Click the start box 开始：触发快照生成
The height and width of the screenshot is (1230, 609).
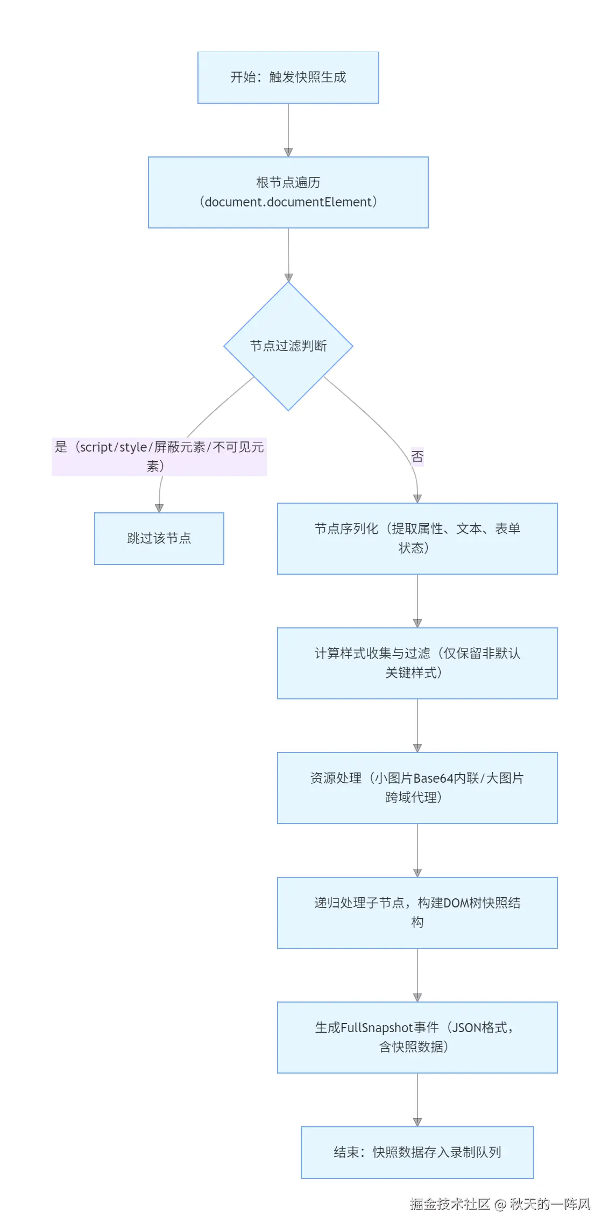288,77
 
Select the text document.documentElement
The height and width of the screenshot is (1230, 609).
288,202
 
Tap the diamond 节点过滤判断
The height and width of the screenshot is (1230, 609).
288,346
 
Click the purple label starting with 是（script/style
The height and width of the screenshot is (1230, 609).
159,456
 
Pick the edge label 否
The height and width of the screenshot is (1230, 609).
417,457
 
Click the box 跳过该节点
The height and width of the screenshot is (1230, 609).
159,538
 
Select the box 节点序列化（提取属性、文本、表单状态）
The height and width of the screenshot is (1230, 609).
417,538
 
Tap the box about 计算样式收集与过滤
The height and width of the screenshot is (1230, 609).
417,663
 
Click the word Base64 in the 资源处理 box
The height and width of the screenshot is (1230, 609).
434,778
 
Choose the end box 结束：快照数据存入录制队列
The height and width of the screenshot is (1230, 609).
417,1152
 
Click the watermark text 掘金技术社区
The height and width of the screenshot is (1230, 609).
450,1204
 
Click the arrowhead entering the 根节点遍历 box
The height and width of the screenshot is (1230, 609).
288,153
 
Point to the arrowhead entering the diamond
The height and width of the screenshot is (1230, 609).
288,277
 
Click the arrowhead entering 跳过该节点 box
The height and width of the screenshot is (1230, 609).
159,509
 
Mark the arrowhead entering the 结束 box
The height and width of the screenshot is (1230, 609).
417,1122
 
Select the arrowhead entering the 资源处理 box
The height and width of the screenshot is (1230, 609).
417,748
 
